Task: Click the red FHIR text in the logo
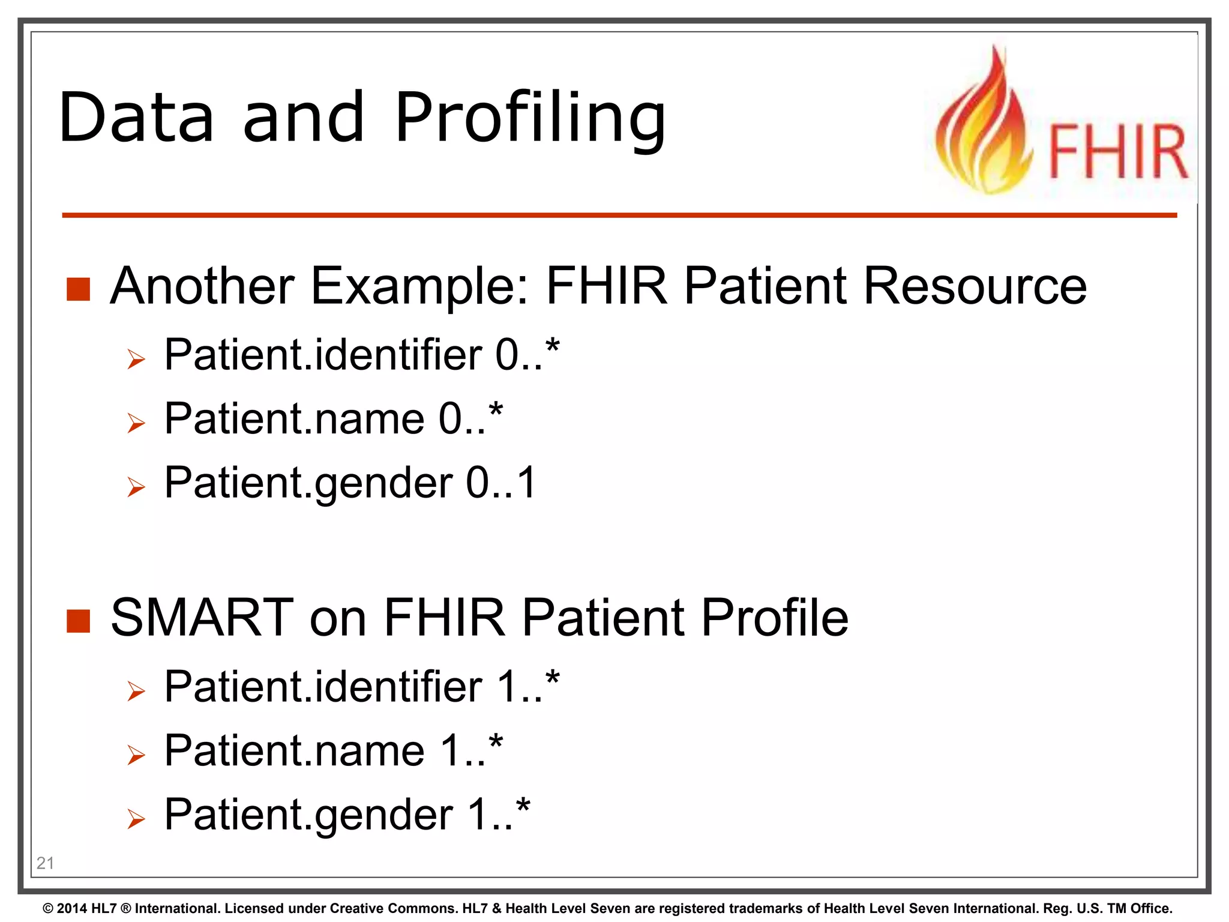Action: coord(1117,151)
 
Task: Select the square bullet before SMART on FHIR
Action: coord(78,621)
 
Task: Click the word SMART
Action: coord(202,618)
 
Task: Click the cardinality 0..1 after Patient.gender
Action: coord(501,483)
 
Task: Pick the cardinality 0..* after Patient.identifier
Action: coord(527,354)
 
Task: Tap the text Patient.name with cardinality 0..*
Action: coord(294,418)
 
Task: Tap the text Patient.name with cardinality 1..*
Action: coord(294,750)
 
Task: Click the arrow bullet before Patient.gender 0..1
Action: coord(136,487)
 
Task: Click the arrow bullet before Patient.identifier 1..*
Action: coord(136,691)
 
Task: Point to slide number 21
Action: coord(45,863)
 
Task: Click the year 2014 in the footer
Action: coord(73,909)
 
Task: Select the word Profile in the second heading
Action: coord(774,618)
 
